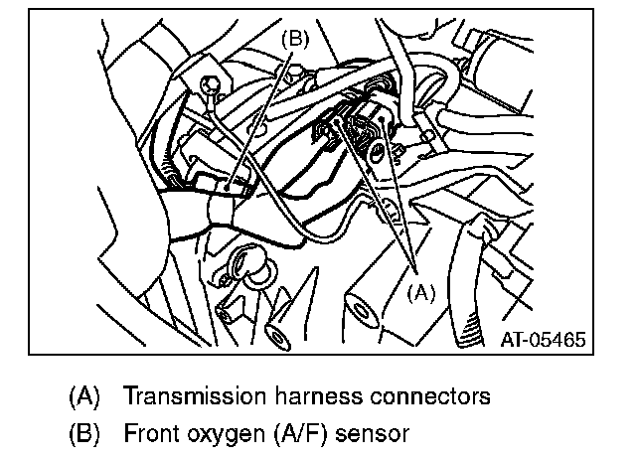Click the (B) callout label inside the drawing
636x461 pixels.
coord(296,40)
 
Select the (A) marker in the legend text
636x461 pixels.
coord(85,396)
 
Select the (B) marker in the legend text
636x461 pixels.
coord(85,433)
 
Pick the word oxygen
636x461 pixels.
coord(224,434)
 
